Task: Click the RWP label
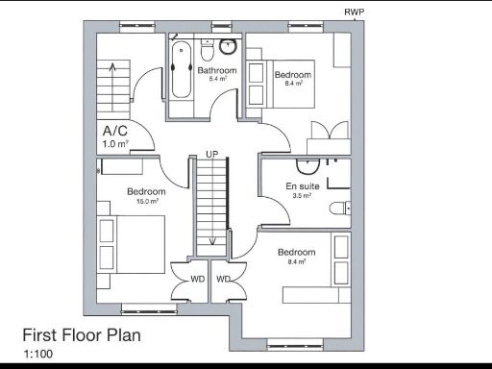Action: pyautogui.click(x=355, y=12)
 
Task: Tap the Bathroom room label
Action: pyautogui.click(x=217, y=70)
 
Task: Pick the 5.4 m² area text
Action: pyautogui.click(x=217, y=80)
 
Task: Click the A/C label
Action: pyautogui.click(x=114, y=131)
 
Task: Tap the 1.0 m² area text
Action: pyautogui.click(x=115, y=144)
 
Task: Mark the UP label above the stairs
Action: pyautogui.click(x=210, y=153)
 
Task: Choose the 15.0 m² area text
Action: pyautogui.click(x=147, y=202)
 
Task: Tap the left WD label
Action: pyautogui.click(x=197, y=280)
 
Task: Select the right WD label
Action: pyautogui.click(x=223, y=280)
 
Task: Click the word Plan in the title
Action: pyautogui.click(x=120, y=335)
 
